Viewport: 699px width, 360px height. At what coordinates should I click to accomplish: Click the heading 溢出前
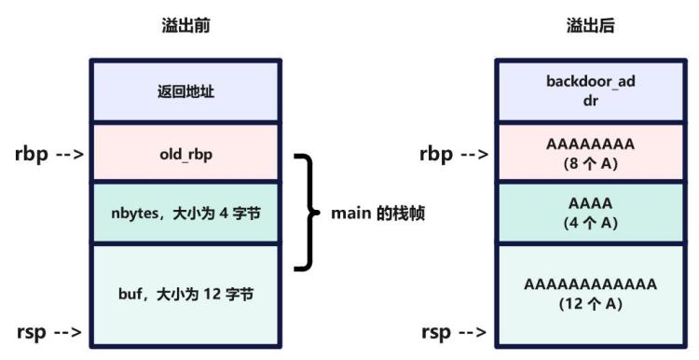186,26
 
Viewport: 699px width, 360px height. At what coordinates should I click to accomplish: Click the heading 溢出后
590,26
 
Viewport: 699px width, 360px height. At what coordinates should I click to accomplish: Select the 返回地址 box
186,91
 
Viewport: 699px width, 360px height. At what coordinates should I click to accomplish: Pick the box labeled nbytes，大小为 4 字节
186,214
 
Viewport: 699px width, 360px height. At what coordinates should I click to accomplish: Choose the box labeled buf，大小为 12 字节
186,293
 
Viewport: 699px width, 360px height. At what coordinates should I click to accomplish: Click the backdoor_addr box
590,91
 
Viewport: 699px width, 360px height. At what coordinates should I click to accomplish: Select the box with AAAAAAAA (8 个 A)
590,152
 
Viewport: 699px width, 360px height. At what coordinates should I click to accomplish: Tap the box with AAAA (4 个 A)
590,214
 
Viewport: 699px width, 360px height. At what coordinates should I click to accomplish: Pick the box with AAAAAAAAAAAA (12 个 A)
590,293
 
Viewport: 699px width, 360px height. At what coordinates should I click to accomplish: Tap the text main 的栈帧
378,214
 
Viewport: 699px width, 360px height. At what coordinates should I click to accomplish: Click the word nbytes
133,214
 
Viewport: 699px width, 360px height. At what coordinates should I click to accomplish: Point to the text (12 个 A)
590,303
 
